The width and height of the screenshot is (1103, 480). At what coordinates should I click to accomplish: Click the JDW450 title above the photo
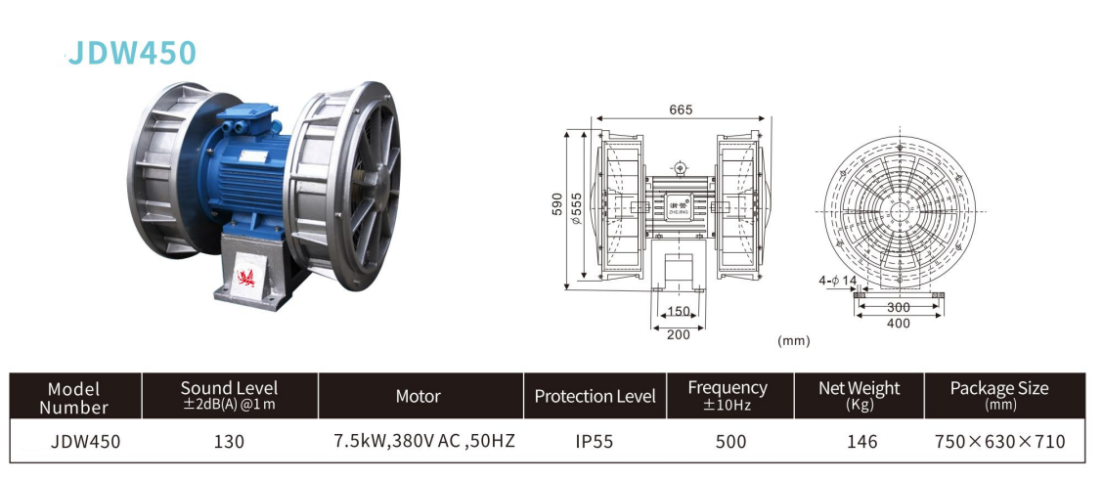(132, 53)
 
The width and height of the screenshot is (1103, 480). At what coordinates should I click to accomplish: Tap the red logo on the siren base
(246, 277)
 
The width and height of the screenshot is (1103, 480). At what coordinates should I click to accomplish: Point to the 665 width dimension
(681, 109)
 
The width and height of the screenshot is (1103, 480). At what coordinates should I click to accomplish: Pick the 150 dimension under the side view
(678, 311)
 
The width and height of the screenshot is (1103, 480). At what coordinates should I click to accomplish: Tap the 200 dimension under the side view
(678, 334)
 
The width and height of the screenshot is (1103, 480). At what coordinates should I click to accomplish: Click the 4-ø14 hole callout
(839, 282)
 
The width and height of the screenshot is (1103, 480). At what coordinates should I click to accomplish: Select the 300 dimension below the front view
(899, 307)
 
